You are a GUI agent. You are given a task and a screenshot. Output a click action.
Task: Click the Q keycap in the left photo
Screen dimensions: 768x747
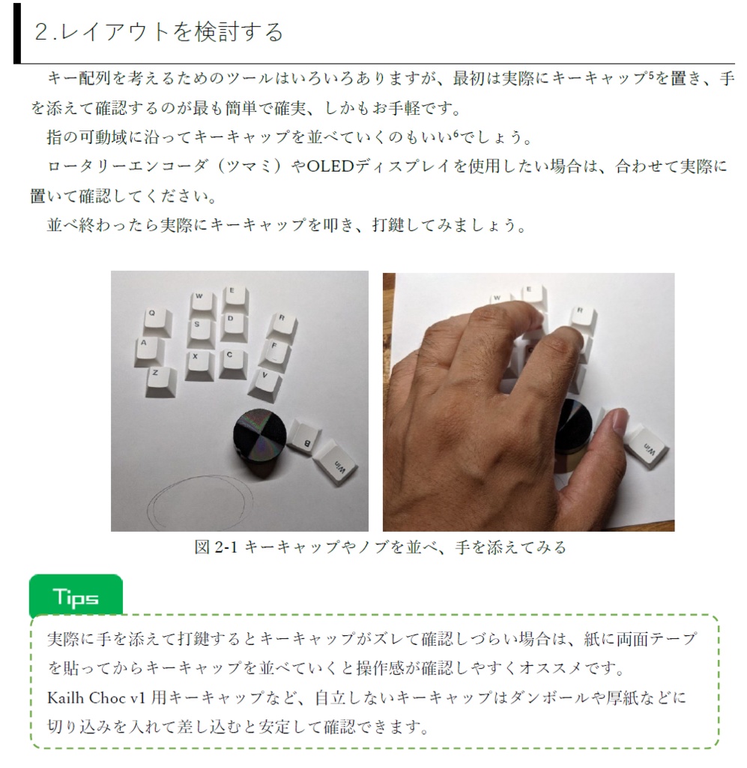pyautogui.click(x=155, y=319)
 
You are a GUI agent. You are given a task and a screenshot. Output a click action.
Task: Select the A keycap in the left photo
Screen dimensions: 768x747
pyautogui.click(x=146, y=349)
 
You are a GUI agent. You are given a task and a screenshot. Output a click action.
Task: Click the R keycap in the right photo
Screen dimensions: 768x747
pyautogui.click(x=582, y=316)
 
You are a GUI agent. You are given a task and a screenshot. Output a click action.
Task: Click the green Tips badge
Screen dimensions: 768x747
pyautogui.click(x=76, y=597)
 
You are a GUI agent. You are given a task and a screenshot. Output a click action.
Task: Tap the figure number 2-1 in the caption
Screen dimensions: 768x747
pyautogui.click(x=226, y=547)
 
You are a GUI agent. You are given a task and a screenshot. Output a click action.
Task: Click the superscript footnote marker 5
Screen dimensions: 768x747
pyautogui.click(x=653, y=75)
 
